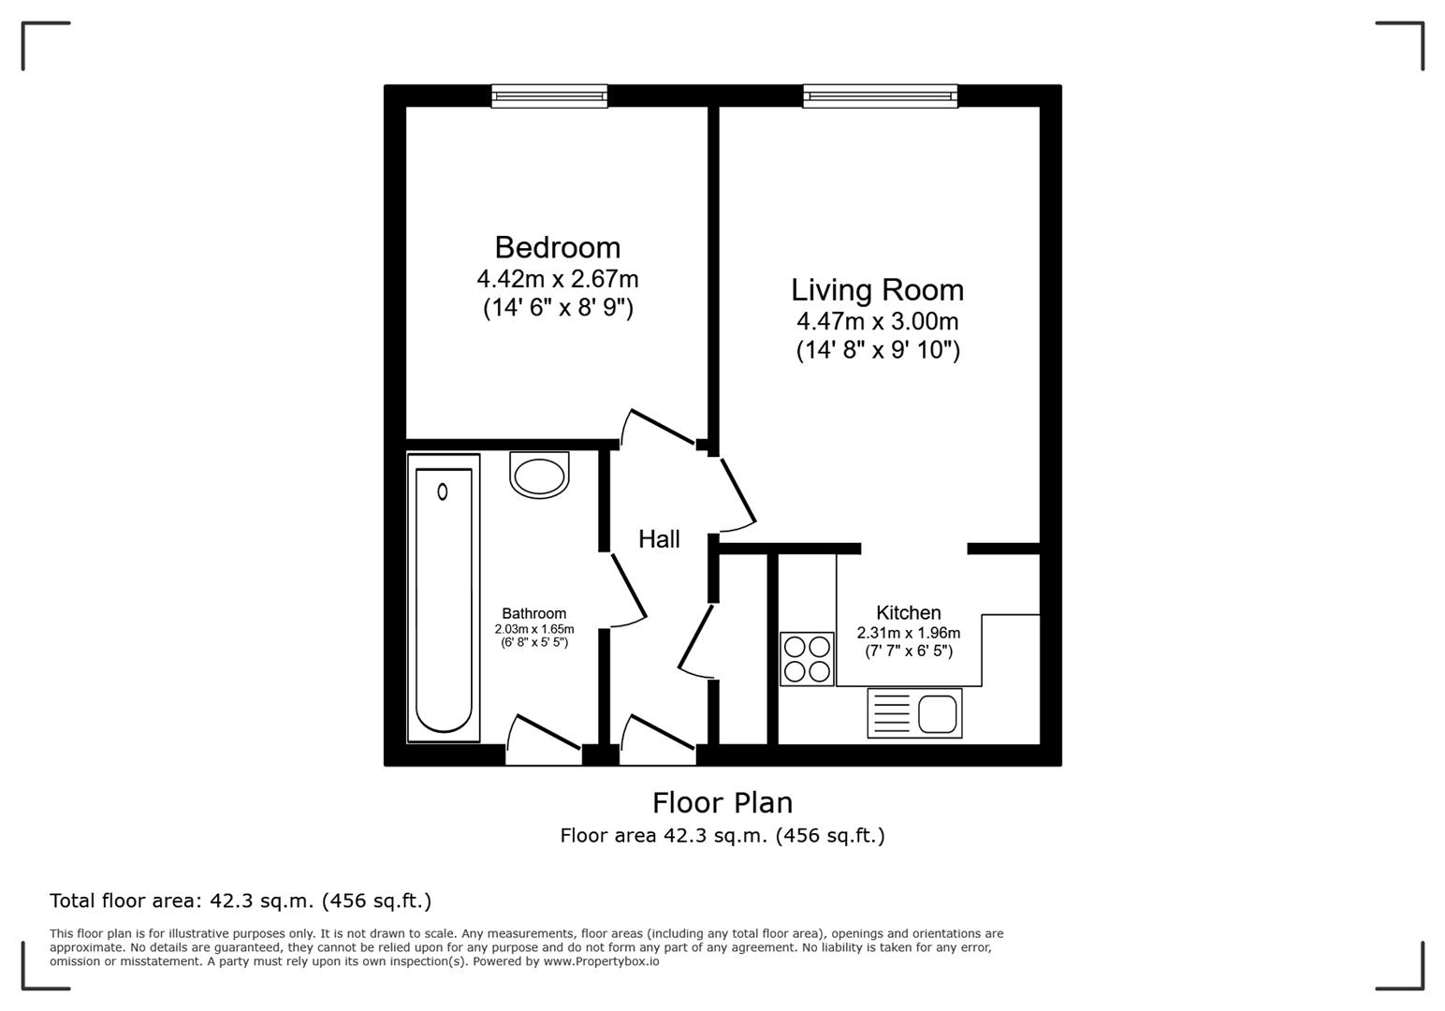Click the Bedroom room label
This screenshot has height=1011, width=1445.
coord(557,247)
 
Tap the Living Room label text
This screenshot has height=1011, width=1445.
coord(877,290)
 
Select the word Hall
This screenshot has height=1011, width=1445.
coord(659,539)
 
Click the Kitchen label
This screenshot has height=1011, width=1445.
coord(908,613)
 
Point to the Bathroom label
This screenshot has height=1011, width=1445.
coord(533,614)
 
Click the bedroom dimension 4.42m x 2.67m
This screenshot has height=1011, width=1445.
coord(557,279)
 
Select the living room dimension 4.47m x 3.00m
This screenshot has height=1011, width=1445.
coord(877,322)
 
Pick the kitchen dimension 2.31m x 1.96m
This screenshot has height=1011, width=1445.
coord(908,633)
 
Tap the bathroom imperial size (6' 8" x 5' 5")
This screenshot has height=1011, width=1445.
coord(533,642)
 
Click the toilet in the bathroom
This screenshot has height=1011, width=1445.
coord(539,475)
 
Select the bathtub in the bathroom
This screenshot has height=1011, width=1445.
coord(444,599)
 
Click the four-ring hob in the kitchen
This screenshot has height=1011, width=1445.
coord(807,659)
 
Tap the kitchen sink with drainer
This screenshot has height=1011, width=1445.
coord(914,713)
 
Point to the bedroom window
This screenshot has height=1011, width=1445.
coord(549,95)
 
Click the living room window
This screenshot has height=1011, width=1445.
coord(880,95)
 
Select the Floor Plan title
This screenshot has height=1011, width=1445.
coord(722,803)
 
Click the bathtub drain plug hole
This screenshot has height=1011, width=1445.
coord(442,491)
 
